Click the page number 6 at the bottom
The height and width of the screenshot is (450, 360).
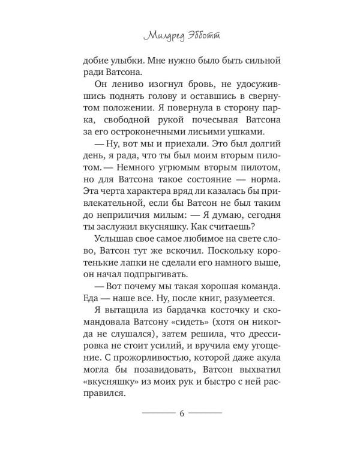[x=181, y=413]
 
